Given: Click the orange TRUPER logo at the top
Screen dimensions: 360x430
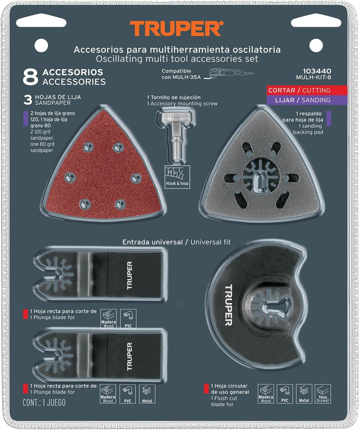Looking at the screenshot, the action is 176,28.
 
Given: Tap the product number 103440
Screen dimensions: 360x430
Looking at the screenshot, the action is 317,71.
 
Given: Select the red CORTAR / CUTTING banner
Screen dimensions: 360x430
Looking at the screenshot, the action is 307,90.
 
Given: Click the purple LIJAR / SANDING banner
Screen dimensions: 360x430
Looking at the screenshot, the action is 307,100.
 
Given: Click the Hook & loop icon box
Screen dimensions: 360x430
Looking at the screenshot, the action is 177,177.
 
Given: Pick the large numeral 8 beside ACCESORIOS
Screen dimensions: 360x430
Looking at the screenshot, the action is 30,77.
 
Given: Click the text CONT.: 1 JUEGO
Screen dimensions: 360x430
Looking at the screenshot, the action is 44,402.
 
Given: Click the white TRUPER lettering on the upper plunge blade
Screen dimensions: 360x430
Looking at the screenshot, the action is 129,275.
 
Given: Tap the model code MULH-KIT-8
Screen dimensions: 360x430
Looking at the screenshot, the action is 314,77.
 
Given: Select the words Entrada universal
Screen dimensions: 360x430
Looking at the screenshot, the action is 152,242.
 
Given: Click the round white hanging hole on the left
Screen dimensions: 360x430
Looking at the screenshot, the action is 41,46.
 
